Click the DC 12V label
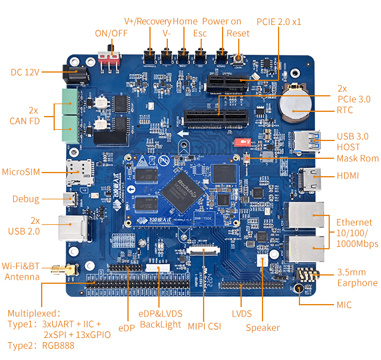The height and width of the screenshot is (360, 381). point(25,72)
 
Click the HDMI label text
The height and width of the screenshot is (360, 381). point(349,176)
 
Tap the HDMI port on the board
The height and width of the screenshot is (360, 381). point(310,177)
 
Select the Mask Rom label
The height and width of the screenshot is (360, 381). point(357,158)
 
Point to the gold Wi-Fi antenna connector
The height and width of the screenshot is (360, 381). point(67,270)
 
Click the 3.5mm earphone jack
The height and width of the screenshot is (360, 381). point(306,276)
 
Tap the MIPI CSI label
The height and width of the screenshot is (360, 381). point(204,325)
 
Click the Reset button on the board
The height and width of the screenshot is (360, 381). point(239,60)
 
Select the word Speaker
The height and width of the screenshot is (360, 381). point(263,327)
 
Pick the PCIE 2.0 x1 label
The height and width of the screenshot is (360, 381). point(279,21)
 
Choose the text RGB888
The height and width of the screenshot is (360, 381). point(57,345)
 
